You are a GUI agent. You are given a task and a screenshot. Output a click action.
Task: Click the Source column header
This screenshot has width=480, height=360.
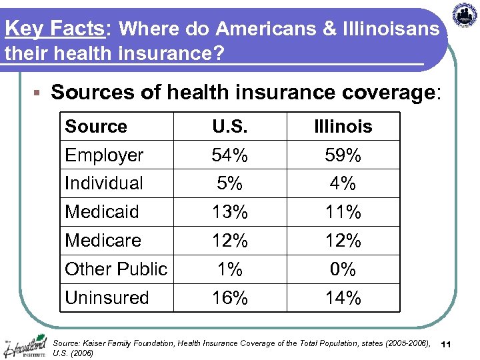(x=96, y=127)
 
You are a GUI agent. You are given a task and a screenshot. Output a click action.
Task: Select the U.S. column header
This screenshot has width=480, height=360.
(x=229, y=127)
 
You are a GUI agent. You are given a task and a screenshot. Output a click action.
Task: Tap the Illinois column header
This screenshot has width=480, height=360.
(x=343, y=127)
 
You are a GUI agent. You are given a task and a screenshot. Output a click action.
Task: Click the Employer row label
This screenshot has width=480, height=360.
(x=104, y=155)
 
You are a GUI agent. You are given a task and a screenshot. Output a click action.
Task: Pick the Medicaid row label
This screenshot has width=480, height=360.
(x=102, y=212)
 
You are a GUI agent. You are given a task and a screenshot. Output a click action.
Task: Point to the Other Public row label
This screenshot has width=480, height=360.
(x=116, y=269)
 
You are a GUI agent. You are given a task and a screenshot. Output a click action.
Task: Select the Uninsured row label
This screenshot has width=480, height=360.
(x=107, y=298)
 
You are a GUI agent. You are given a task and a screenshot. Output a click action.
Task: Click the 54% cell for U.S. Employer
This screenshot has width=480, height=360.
(x=229, y=155)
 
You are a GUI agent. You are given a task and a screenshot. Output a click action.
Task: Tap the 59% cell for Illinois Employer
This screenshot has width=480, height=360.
(x=343, y=155)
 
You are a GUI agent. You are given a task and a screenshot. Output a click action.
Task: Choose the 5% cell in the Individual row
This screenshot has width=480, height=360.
(x=229, y=183)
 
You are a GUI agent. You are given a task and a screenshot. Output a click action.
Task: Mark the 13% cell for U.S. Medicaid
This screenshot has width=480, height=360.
(x=229, y=212)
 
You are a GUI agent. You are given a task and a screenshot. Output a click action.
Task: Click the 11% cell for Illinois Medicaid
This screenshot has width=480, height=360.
(x=343, y=212)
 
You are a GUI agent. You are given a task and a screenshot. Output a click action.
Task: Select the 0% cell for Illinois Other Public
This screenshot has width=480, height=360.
(x=343, y=269)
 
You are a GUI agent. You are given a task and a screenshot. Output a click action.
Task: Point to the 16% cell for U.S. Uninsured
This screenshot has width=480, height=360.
(x=229, y=298)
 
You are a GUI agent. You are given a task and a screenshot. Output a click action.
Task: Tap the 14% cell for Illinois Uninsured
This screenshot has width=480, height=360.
(x=343, y=298)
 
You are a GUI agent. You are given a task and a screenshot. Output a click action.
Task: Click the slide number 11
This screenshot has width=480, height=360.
(x=447, y=343)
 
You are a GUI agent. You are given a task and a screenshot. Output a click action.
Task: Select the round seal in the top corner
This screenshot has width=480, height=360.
(x=465, y=15)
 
